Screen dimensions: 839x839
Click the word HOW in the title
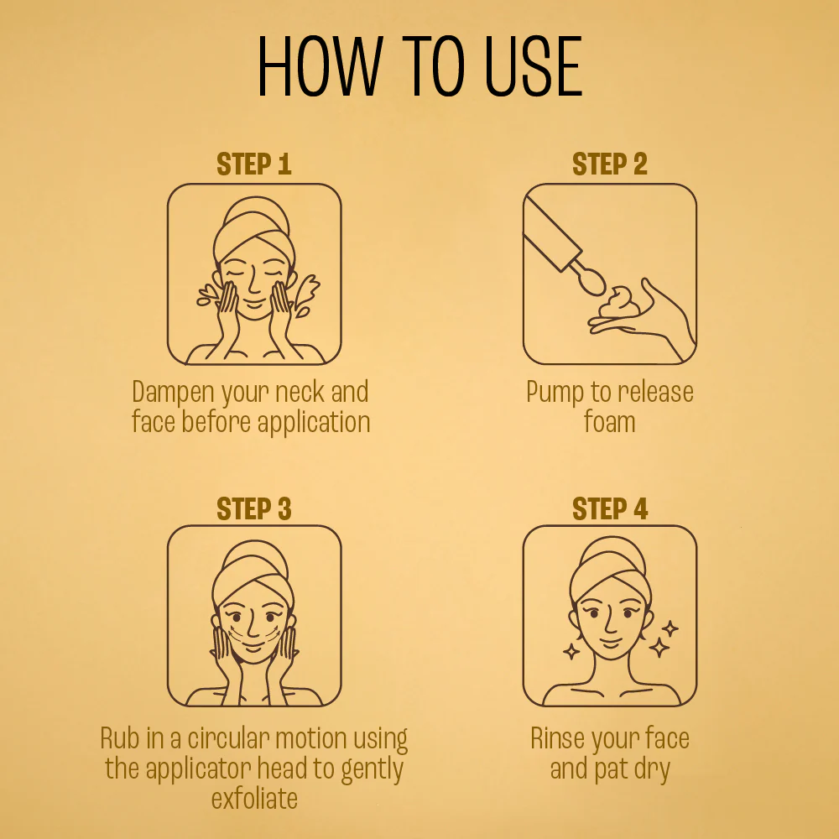pos(320,66)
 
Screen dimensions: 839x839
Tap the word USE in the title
pos(533,66)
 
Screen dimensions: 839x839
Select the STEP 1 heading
pos(254,164)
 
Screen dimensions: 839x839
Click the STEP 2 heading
pos(610,164)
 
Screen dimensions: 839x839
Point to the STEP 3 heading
pos(254,508)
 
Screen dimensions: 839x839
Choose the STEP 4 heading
pos(610,508)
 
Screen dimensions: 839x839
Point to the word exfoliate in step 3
pos(254,799)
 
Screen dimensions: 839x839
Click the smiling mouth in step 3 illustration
pos(253,649)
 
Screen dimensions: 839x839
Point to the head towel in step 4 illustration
pos(610,570)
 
